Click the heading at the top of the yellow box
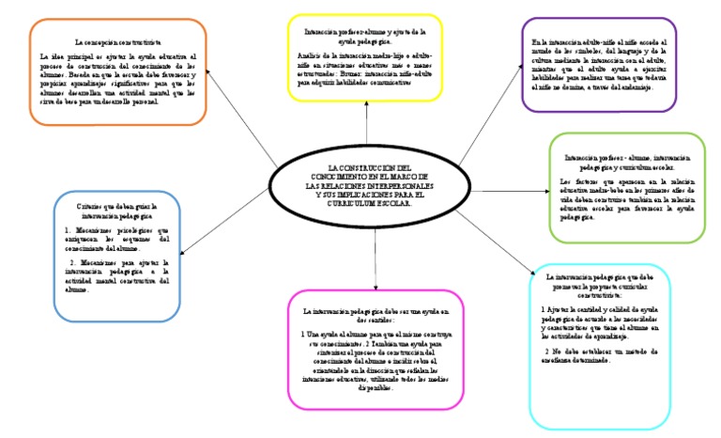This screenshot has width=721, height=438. [365, 37]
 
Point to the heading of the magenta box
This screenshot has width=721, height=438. [376, 315]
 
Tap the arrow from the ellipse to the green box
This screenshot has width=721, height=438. [506, 192]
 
